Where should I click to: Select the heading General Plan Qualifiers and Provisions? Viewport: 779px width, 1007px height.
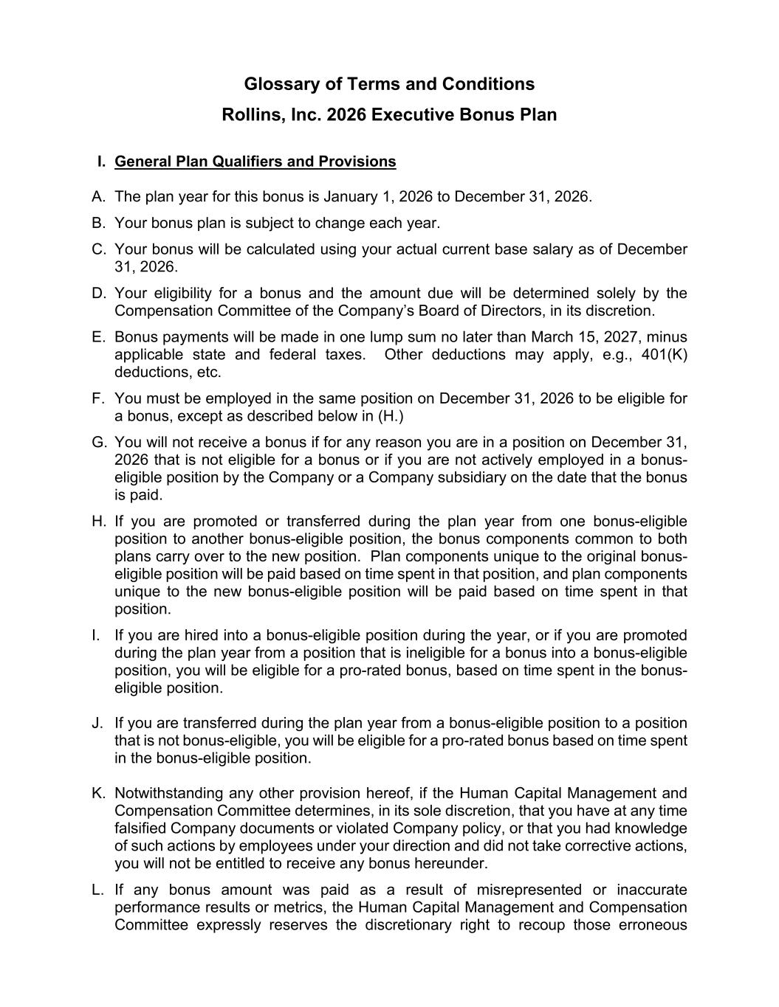point(255,162)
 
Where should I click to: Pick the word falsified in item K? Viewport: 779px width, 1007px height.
point(140,828)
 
